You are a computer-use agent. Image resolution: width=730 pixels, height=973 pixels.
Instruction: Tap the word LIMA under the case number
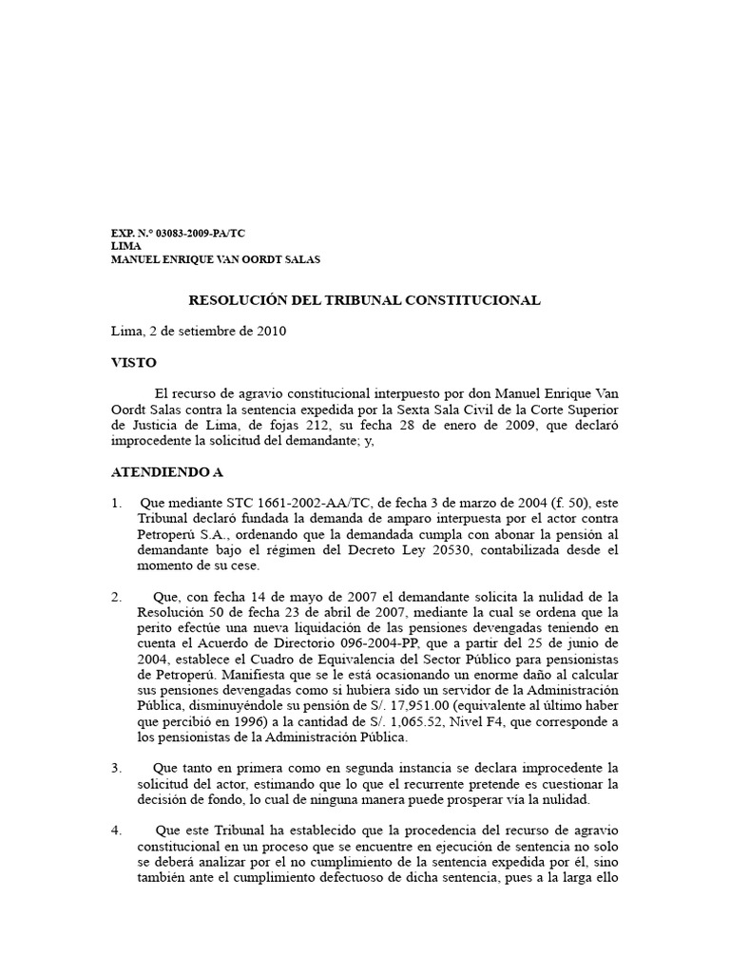tap(125, 245)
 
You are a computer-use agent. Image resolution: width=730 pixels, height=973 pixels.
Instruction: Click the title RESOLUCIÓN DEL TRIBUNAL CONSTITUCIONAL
tap(364, 300)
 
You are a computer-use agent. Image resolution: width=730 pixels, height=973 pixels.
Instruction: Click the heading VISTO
tap(134, 363)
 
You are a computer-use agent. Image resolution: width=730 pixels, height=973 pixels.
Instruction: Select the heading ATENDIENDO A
tap(166, 471)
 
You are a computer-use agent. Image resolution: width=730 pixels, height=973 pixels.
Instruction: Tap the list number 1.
tap(116, 503)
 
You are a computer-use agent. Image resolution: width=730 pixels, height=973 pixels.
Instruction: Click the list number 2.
tap(116, 597)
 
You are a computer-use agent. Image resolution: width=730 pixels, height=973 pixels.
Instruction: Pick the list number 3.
tap(116, 767)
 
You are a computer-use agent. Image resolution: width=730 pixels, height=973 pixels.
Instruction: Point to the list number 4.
tap(116, 830)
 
